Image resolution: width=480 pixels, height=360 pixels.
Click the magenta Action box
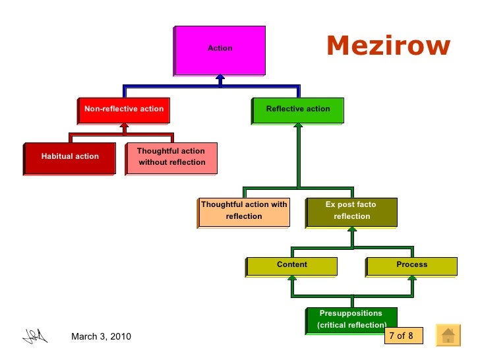tap(220, 49)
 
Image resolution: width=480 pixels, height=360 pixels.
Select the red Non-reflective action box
tap(124, 109)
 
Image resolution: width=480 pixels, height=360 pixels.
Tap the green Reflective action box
tap(298, 109)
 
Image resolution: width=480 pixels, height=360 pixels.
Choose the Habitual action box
tap(70, 157)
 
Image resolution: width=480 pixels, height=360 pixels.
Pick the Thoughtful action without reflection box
tap(171, 157)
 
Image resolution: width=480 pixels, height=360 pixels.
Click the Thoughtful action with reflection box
tap(244, 211)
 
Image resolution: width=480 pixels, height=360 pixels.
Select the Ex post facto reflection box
tap(352, 211)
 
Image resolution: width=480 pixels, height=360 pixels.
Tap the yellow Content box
tap(292, 265)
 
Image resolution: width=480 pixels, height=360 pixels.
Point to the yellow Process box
tap(412, 265)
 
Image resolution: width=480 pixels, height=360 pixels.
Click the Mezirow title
tap(389, 46)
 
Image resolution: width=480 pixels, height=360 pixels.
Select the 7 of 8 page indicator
tap(402, 336)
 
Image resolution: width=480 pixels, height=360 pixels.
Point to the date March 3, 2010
tap(101, 337)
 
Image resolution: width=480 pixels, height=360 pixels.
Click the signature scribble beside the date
tap(35, 336)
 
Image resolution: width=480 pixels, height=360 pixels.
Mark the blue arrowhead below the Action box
tap(220, 78)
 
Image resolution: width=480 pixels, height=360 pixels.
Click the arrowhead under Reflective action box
tap(298, 127)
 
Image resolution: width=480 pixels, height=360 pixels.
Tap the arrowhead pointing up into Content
tap(291, 278)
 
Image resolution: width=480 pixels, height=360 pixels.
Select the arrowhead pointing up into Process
tap(412, 278)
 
